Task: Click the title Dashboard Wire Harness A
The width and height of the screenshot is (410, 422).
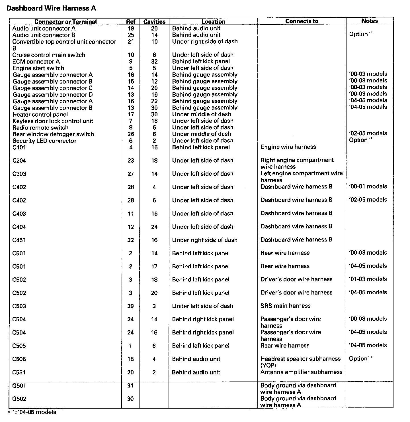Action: [51, 8]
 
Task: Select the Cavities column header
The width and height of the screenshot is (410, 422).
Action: [154, 22]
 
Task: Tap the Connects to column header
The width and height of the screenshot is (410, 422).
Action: [302, 21]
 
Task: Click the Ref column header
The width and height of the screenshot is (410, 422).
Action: [131, 22]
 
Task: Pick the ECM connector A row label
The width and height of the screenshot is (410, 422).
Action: [36, 62]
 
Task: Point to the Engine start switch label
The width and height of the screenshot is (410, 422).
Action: [38, 68]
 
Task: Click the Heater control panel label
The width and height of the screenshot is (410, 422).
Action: [40, 115]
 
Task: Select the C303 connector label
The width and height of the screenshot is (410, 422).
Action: [19, 174]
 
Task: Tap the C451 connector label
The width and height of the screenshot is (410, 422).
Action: [19, 240]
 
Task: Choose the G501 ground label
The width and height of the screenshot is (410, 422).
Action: [19, 386]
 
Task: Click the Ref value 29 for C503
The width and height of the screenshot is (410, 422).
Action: [130, 306]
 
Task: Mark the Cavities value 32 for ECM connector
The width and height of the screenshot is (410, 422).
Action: [154, 62]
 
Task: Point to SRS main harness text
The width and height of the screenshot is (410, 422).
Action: [285, 306]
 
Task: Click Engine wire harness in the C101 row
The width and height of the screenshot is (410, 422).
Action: [288, 147]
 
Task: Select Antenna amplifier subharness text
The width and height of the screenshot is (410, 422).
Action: [301, 372]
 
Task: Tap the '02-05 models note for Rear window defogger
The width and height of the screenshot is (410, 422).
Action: [368, 133]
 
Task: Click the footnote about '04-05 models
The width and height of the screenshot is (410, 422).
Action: [32, 412]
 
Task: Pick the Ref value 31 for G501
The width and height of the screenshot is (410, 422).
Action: [130, 386]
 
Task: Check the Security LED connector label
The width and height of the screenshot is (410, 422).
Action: [44, 141]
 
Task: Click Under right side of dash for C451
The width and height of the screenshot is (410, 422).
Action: [205, 240]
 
